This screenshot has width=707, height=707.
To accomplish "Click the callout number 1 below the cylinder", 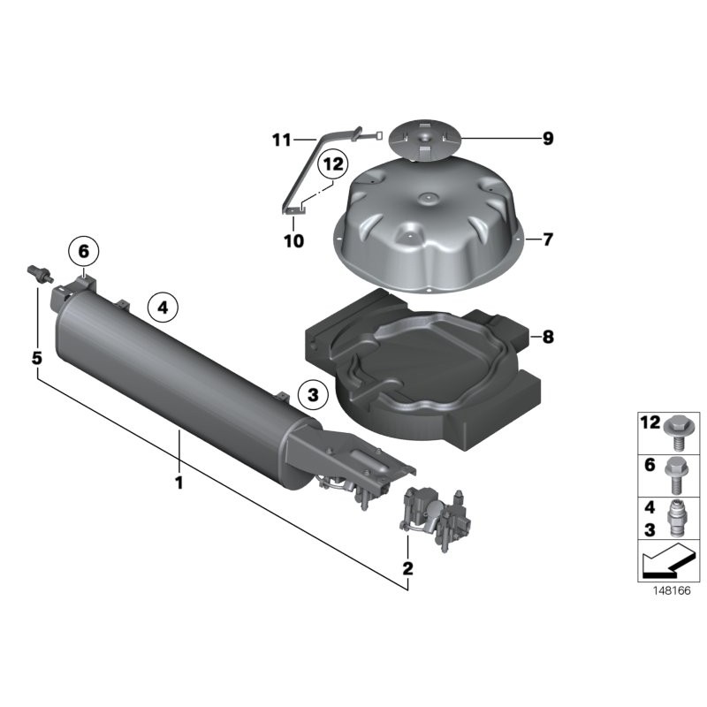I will coord(179,483).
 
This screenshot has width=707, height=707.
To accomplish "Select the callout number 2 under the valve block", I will coord(407,568).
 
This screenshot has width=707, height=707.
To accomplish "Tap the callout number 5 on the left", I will coord(37,358).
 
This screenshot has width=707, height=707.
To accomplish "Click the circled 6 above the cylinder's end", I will coord(84,252).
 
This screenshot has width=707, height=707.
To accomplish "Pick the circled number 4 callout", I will coord(163,308).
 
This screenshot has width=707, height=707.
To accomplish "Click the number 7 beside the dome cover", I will coord(547,239).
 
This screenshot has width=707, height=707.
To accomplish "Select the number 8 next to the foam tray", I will coord(547,337).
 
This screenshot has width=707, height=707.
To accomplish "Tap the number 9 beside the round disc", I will coord(547,138).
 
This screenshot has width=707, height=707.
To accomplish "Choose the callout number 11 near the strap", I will coord(281,140).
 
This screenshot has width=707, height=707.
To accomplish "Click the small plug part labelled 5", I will coord(38,271).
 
